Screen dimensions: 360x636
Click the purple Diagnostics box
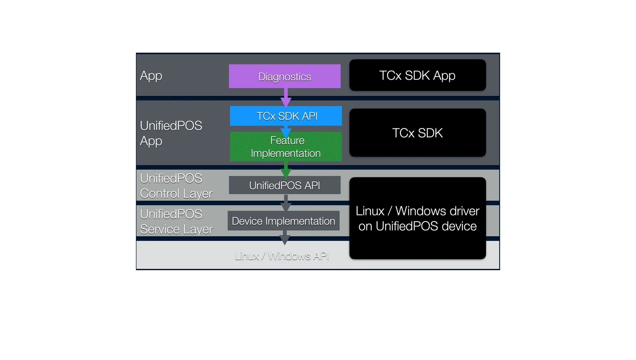284,76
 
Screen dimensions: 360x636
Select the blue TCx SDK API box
286,116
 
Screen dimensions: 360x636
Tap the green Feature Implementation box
286,146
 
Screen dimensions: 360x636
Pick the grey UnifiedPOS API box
284,185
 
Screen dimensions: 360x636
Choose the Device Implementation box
283,221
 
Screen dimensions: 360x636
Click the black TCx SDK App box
418,75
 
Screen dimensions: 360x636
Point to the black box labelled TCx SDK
418,133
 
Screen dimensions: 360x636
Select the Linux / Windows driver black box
418,218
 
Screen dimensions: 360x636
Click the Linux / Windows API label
282,256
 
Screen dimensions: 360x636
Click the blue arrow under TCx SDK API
286,131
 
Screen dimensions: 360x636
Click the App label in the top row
151,76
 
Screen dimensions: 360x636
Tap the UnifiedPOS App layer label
171,133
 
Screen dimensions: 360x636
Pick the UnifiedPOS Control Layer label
176,186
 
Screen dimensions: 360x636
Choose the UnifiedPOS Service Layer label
176,221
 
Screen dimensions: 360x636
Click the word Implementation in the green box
286,153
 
